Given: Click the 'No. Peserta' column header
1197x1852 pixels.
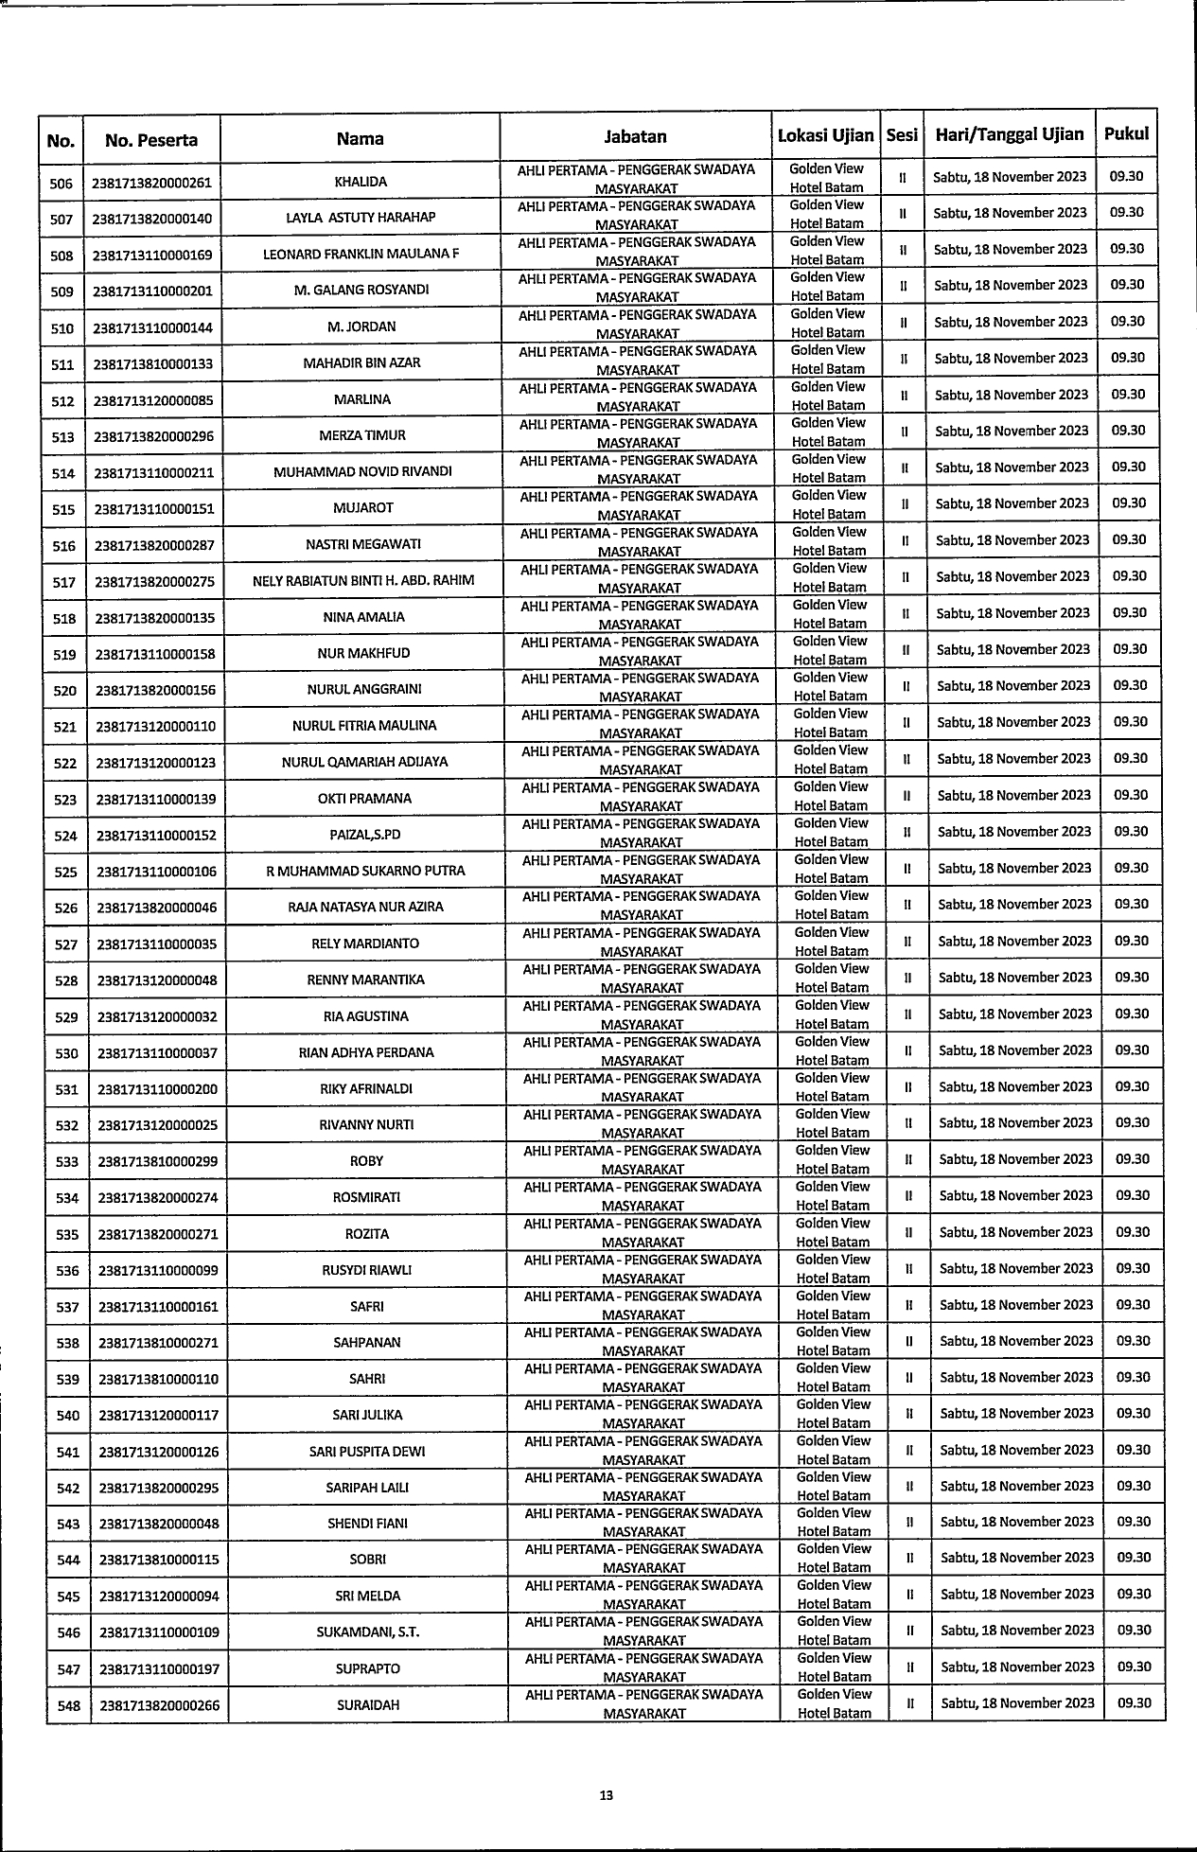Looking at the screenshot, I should coord(151,140).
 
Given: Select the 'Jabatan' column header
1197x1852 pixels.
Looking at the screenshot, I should coord(635,136).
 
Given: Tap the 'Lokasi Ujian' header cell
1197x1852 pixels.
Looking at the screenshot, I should coord(825,134).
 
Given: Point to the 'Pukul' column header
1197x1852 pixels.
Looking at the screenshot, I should coord(1126,133).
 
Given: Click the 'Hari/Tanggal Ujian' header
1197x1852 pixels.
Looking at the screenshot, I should coord(1009,134).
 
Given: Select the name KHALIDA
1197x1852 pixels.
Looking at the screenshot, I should coord(361,182).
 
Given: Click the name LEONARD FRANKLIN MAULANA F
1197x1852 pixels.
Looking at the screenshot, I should coord(361,254).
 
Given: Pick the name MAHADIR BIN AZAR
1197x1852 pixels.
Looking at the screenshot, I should coord(361,362).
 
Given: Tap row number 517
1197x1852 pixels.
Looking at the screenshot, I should coord(63,582).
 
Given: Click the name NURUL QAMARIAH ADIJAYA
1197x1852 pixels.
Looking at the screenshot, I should coord(364,762).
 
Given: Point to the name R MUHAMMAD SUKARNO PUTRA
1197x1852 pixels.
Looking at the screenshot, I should coord(365,871).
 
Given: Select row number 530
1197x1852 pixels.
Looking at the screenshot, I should coord(66,1053).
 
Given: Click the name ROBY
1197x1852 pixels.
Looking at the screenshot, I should coord(366,1161).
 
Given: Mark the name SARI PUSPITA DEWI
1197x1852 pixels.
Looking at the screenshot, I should coord(367,1452).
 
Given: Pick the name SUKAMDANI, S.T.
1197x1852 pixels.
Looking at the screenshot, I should coord(368,1632).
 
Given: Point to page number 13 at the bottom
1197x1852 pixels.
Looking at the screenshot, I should coord(607,1795).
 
